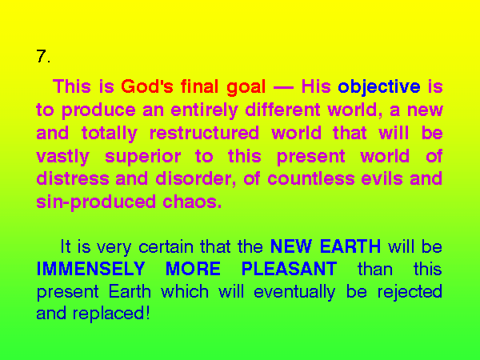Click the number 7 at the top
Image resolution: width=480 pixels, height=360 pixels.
pyautogui.click(x=42, y=56)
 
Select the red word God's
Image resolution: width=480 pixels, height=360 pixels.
pyautogui.click(x=147, y=86)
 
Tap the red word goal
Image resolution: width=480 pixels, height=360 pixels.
pyautogui.click(x=246, y=87)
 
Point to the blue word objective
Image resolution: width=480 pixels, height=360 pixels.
pyautogui.click(x=379, y=87)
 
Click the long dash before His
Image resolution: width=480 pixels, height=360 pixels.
pyautogui.click(x=283, y=88)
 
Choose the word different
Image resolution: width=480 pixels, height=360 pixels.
pyautogui.click(x=282, y=110)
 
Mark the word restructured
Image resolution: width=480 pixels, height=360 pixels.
pyautogui.click(x=204, y=133)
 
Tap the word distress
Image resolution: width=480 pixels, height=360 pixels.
pyautogui.click(x=73, y=178)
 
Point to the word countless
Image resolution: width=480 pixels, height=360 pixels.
pyautogui.click(x=310, y=178)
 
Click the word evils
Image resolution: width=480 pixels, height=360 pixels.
pyautogui.click(x=382, y=178)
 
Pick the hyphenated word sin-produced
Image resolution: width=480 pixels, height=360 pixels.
pyautogui.click(x=96, y=202)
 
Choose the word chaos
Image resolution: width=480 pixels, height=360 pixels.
pyautogui.click(x=192, y=202)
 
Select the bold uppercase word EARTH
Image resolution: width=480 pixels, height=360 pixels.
pyautogui.click(x=350, y=246)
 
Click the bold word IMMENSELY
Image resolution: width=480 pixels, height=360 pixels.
pyautogui.click(x=90, y=269)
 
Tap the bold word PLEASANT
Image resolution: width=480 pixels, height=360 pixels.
pyautogui.click(x=289, y=269)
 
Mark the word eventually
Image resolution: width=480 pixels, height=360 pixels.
pyautogui.click(x=294, y=292)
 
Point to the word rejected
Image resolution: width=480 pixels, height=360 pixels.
pyautogui.click(x=410, y=292)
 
